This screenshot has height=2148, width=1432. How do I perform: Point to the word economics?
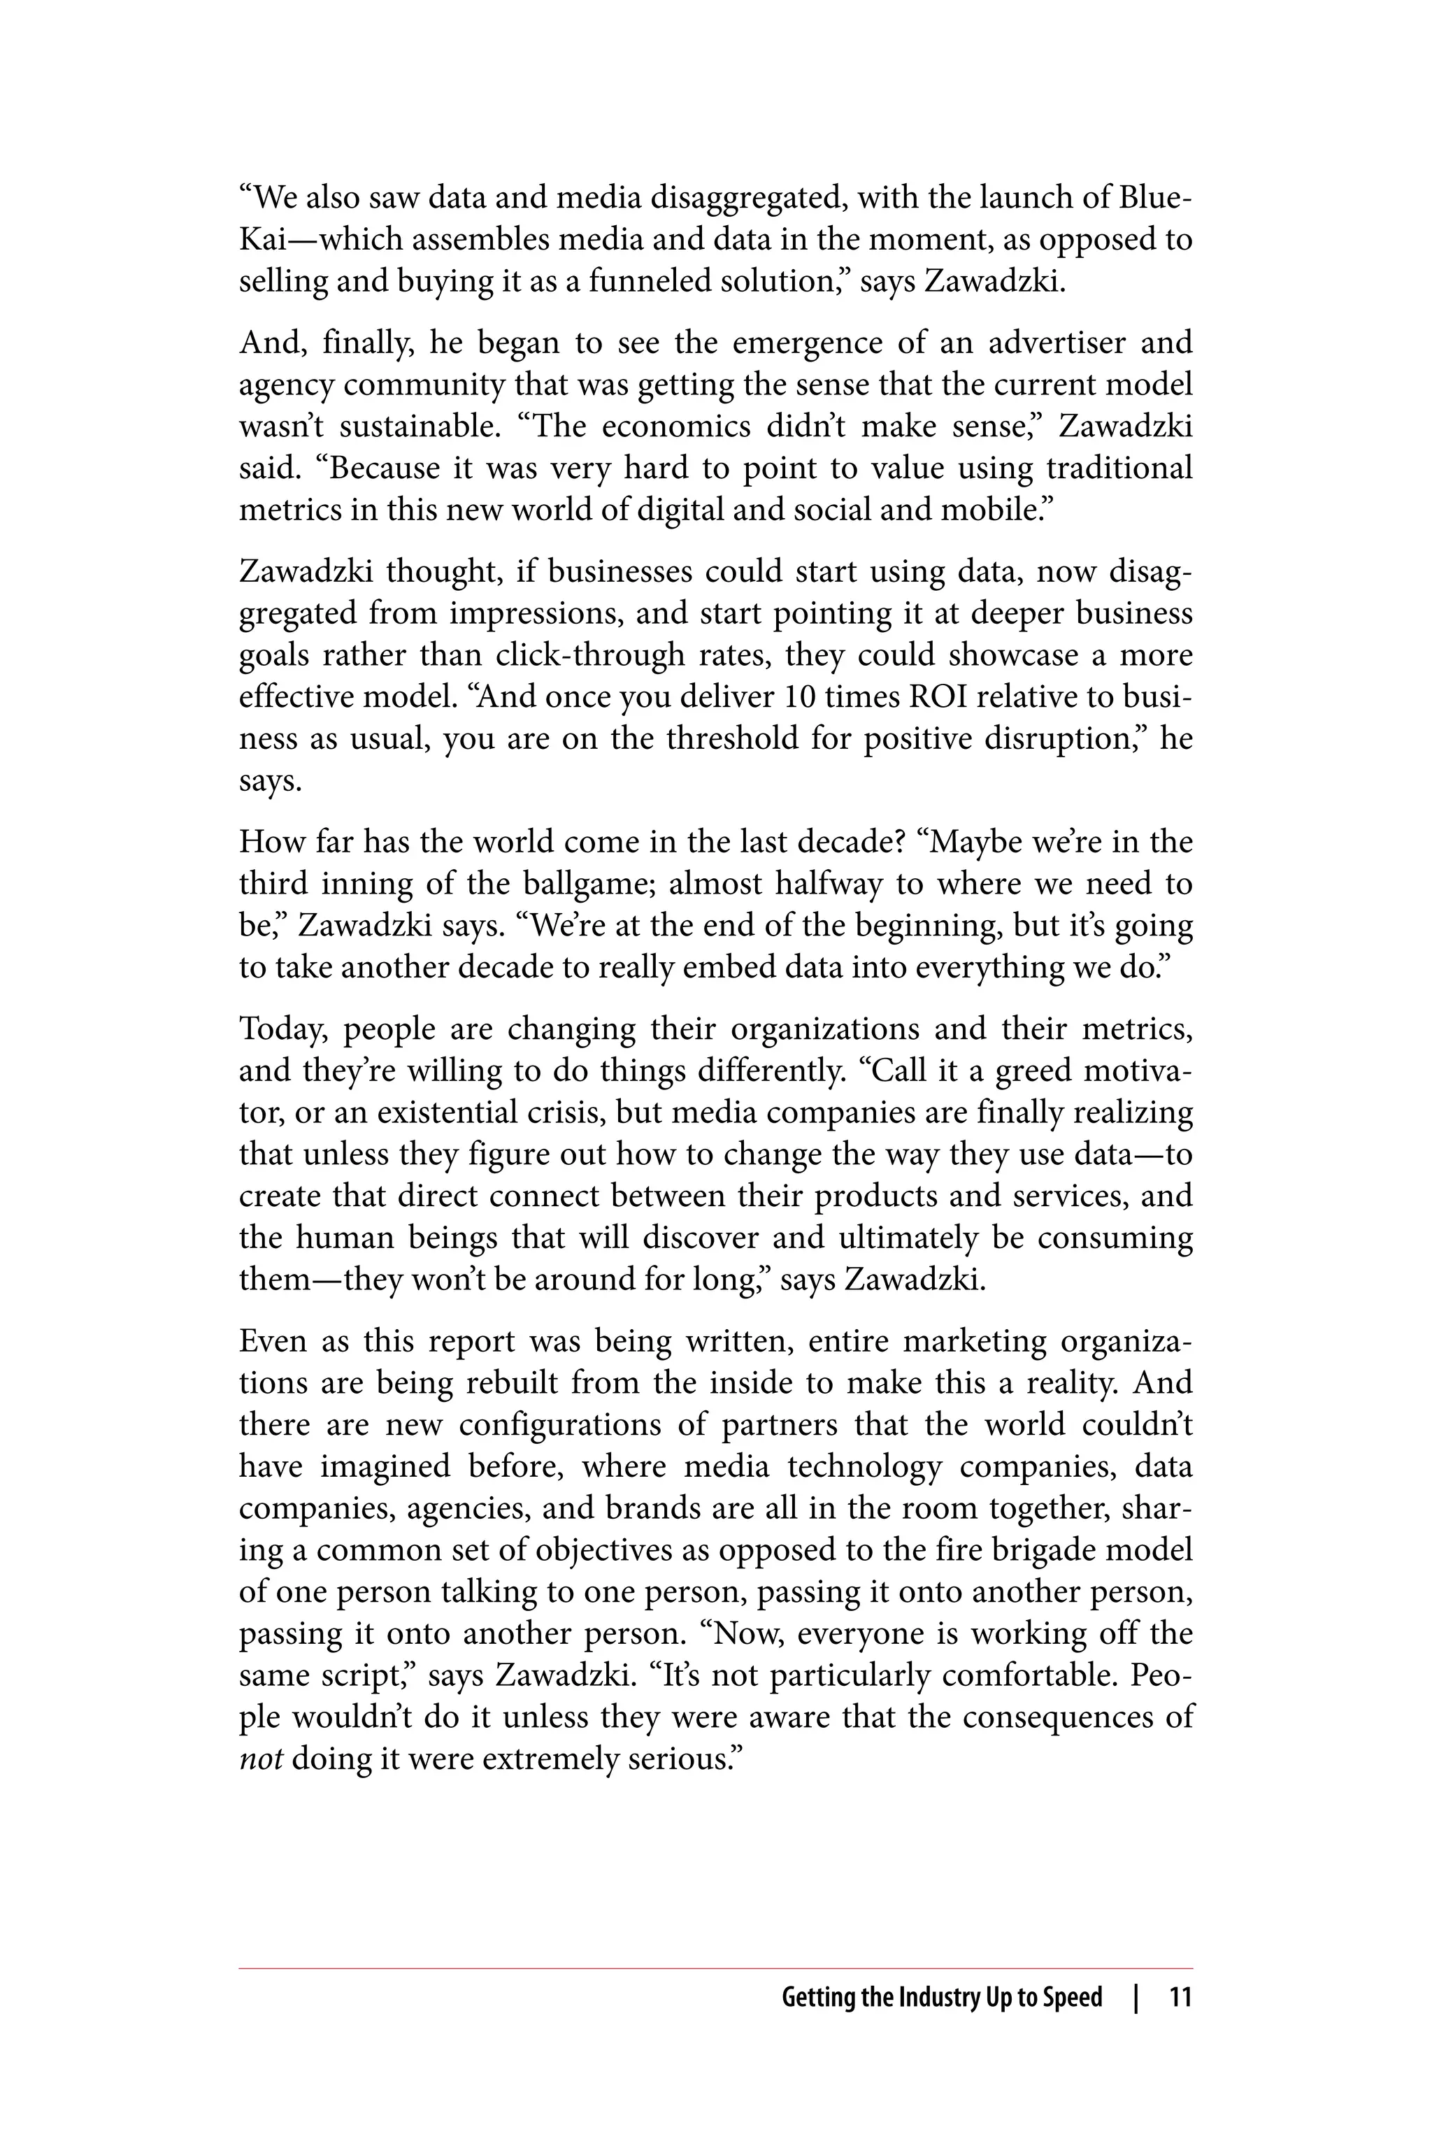point(675,427)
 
